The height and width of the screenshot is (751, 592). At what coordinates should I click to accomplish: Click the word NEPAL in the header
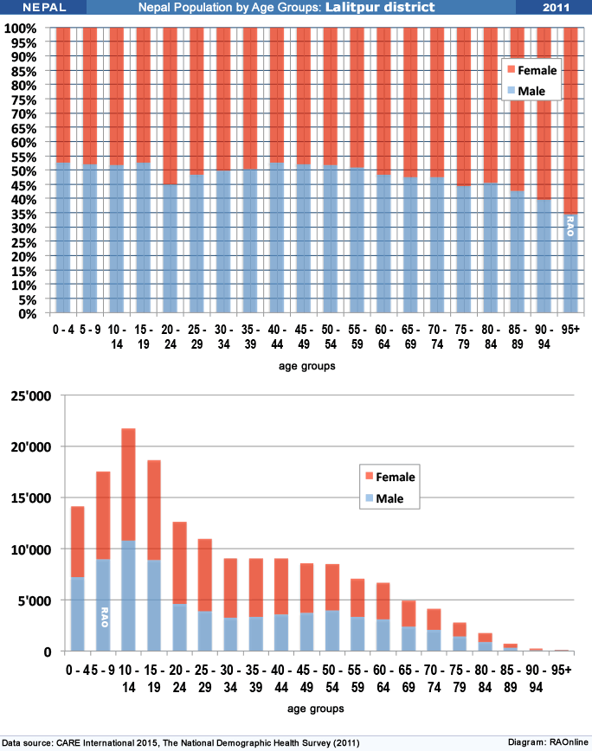coord(44,7)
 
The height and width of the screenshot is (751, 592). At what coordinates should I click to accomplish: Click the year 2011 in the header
coord(556,7)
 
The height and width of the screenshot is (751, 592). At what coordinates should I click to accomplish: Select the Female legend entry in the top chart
coord(532,70)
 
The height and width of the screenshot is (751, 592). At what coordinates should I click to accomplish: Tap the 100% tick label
coord(20,29)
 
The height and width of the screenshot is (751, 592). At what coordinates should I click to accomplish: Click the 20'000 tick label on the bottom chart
coord(30,446)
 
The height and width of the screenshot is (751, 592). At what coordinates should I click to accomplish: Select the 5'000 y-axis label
coord(35,600)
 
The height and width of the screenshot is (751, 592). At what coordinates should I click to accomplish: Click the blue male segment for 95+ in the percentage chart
coord(570,263)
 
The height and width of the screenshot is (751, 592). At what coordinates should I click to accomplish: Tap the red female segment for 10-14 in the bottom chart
coord(128,485)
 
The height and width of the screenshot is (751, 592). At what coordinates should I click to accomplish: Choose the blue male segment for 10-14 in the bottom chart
coord(128,596)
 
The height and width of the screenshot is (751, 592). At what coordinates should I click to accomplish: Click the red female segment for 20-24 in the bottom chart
coord(180,563)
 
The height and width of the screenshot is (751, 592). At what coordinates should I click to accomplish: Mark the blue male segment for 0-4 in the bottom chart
coord(78,614)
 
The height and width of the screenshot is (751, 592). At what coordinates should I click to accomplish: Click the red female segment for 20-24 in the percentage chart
coord(170,106)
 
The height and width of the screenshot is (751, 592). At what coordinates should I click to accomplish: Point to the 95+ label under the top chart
coord(570,330)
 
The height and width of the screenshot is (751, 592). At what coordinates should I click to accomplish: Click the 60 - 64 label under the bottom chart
coord(383,678)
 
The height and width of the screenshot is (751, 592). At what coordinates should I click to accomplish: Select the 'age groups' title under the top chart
coord(307,366)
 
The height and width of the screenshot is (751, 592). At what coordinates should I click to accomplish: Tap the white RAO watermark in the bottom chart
coord(105,617)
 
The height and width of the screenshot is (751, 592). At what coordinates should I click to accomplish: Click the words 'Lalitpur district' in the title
coord(380,7)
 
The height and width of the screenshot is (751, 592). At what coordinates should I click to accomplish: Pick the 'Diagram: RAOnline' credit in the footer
coord(548,742)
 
